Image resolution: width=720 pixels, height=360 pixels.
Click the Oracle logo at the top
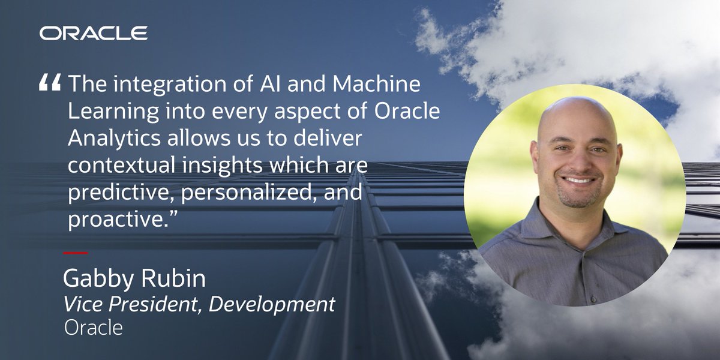94,33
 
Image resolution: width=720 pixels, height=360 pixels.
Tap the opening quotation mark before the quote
50,85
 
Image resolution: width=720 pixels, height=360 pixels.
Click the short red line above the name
75,253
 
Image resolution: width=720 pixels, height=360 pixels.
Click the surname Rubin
176,280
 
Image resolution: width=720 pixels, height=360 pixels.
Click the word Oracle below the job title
93,328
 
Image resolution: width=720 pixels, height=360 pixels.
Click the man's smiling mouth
580,180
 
